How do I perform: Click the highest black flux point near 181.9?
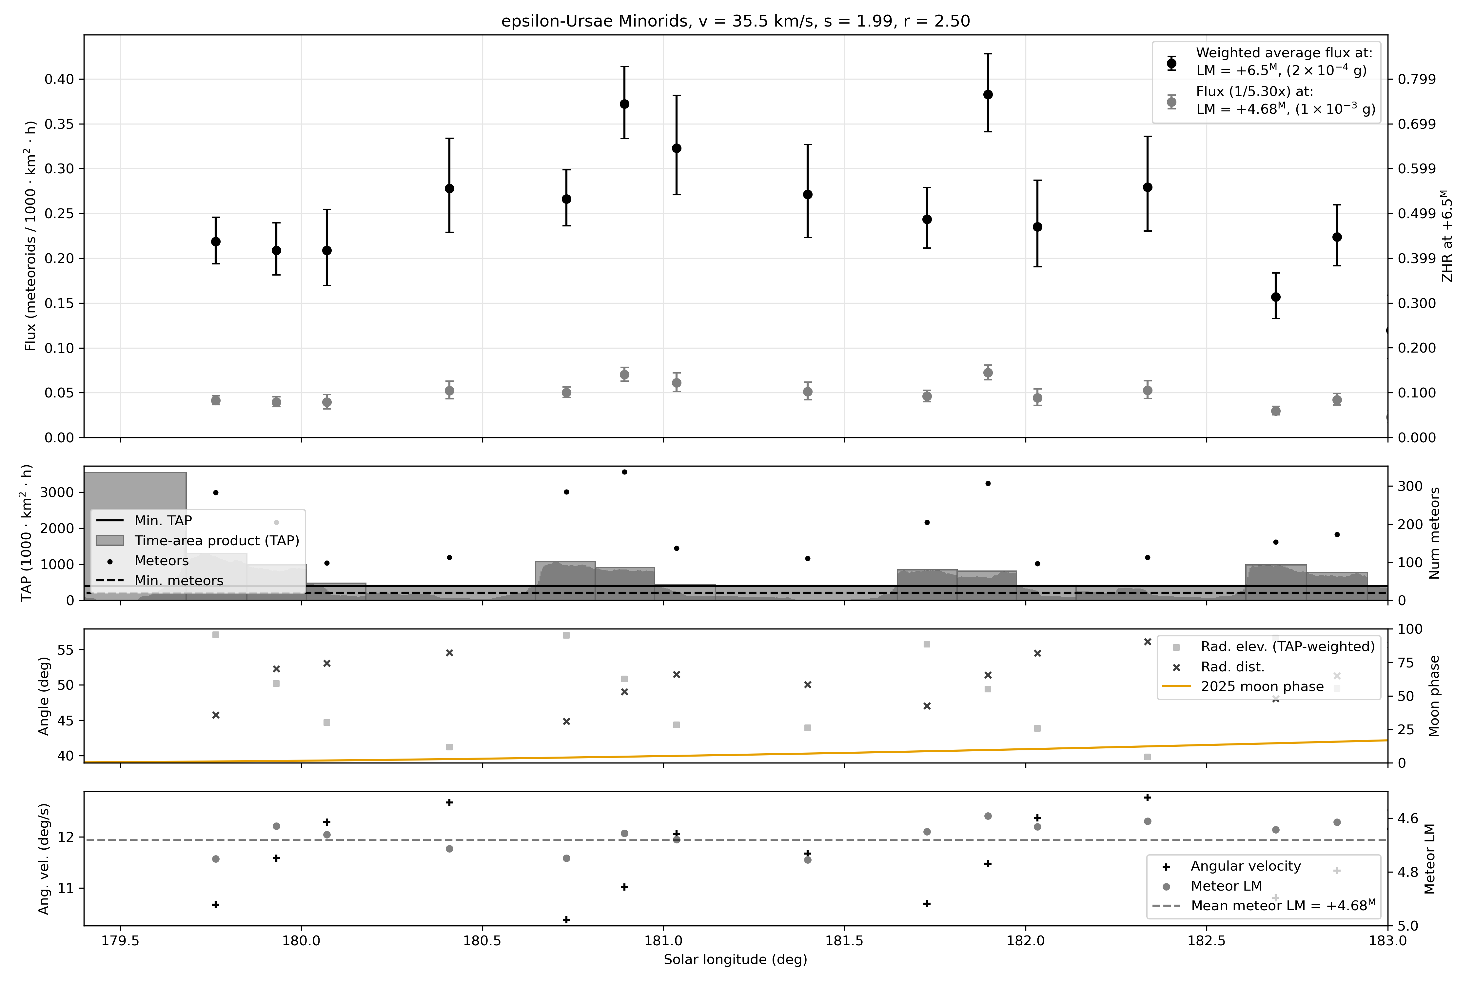pos(988,95)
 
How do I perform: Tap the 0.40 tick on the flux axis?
pos(59,79)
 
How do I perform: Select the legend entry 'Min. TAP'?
pos(163,520)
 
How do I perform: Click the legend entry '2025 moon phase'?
pos(1262,686)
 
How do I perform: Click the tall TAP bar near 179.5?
pos(135,533)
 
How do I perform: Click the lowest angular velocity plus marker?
pos(566,920)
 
